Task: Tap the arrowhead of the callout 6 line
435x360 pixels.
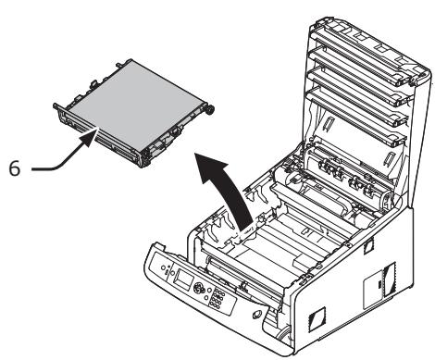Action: click(93, 134)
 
